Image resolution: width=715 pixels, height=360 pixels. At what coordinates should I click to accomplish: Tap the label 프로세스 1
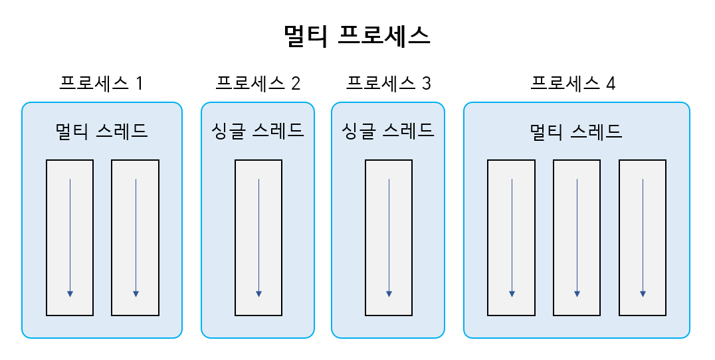tap(101, 84)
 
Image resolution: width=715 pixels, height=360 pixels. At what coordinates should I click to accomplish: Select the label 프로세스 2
tap(258, 84)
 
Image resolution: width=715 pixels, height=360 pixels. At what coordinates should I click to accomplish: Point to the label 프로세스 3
tap(388, 84)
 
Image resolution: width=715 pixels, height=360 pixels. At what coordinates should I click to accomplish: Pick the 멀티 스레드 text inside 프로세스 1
tap(102, 131)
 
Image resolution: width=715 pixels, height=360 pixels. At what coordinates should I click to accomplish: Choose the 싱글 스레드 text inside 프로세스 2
tap(258, 131)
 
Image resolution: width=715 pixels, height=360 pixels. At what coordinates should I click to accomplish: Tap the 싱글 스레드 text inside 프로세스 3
tap(388, 131)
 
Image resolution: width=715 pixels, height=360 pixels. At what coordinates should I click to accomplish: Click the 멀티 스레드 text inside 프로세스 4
tap(576, 131)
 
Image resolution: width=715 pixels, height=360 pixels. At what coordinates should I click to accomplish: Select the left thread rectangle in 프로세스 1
tap(70, 237)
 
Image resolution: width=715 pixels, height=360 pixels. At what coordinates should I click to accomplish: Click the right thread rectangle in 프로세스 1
tap(135, 237)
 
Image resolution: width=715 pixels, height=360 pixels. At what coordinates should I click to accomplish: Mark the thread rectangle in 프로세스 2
tap(258, 237)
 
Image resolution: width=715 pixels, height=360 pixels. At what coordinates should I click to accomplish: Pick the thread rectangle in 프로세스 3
tap(389, 237)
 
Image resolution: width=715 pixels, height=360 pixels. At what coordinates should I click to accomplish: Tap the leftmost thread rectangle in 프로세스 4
tap(511, 237)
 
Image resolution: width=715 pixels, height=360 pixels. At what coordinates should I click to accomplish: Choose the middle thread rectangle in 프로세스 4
tap(577, 237)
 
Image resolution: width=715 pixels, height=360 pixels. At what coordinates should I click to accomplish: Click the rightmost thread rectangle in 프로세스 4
tap(643, 237)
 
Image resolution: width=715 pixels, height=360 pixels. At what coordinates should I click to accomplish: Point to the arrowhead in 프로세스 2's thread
tap(258, 294)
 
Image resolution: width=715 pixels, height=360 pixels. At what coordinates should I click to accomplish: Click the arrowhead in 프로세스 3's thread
tap(389, 294)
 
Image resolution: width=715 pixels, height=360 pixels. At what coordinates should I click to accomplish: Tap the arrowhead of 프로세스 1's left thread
tap(70, 294)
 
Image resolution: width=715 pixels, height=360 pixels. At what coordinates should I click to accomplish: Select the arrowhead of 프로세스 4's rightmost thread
tap(643, 294)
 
